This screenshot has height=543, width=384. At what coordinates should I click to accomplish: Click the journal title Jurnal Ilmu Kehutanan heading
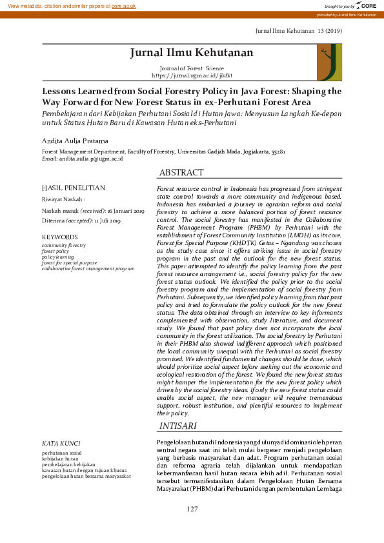192,52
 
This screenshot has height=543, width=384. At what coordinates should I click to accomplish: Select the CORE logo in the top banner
365,5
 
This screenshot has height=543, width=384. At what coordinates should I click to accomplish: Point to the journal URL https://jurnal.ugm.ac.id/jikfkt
192,75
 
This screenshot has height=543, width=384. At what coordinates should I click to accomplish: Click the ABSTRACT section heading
181,173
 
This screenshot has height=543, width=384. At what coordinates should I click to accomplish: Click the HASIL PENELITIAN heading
73,188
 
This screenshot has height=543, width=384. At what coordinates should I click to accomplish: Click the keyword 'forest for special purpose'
69,262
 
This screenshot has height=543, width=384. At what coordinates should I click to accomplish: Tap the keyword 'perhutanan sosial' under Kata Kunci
62,453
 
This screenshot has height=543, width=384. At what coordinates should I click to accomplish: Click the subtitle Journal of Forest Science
192,68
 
